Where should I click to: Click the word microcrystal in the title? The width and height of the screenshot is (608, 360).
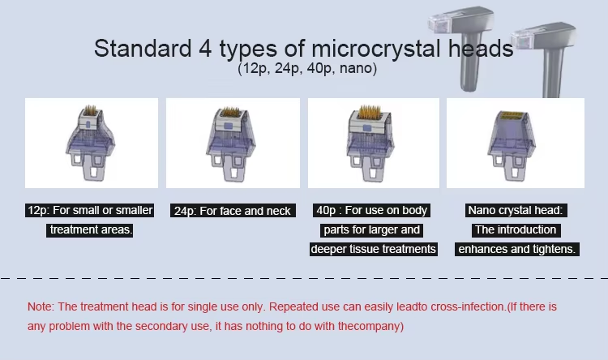(x=375, y=49)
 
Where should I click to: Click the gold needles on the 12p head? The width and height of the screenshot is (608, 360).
(x=91, y=110)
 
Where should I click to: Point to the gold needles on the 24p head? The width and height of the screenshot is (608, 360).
(x=230, y=112)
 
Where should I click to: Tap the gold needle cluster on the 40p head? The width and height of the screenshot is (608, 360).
(x=369, y=112)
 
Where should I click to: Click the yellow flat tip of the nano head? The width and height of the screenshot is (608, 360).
(x=510, y=115)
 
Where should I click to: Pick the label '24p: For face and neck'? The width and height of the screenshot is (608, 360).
(x=233, y=211)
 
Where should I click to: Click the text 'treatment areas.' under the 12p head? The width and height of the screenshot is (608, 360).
(x=89, y=229)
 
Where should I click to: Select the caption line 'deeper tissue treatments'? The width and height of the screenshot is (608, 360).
(x=374, y=249)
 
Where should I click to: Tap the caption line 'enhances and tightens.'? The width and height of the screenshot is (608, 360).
(x=517, y=249)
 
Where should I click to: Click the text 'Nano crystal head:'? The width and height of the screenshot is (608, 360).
(x=516, y=210)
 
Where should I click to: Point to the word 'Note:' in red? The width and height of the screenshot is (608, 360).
(x=41, y=306)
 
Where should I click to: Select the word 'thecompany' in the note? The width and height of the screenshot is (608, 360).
(x=369, y=326)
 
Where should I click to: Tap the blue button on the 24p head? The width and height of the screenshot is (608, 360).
(x=229, y=126)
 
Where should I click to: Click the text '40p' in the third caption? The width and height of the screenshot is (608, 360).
(x=326, y=210)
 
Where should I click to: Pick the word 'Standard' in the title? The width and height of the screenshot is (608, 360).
(x=143, y=49)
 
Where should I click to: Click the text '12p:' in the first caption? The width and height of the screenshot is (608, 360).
(x=38, y=211)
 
